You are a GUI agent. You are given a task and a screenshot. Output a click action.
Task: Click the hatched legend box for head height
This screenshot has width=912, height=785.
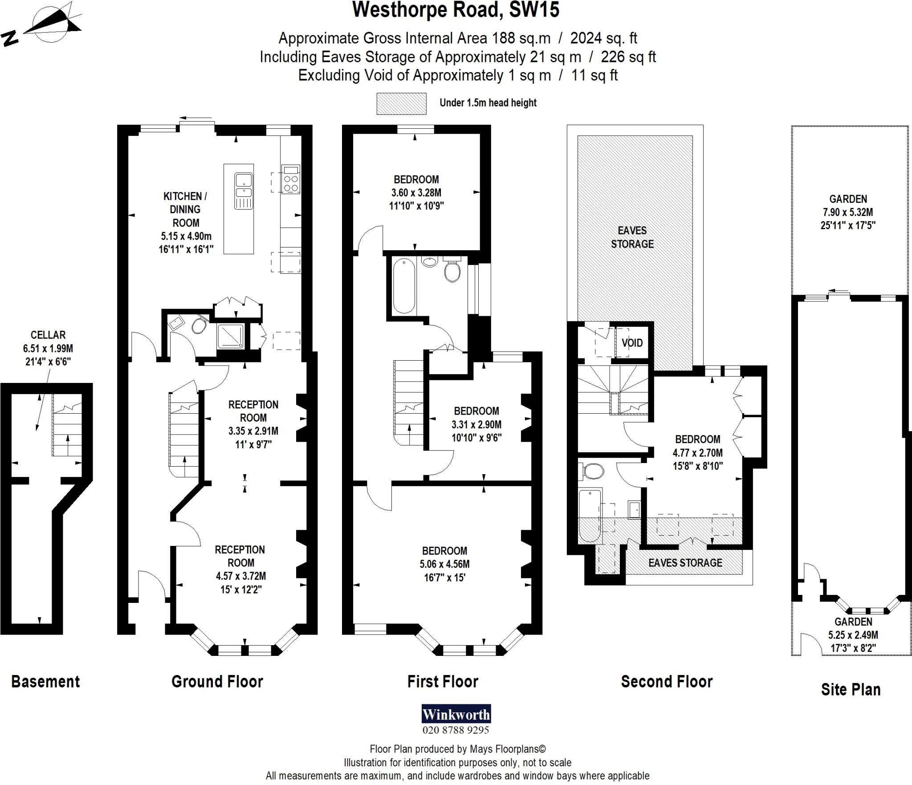point(401,103)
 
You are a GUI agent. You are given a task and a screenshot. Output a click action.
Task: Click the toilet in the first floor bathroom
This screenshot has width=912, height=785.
point(452,271)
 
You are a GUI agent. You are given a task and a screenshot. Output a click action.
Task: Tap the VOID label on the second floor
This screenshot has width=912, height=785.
point(632,342)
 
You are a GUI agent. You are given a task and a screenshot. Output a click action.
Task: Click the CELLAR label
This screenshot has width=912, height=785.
point(48,335)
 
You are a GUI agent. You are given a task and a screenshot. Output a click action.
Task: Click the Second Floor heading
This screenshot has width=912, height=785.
point(666,682)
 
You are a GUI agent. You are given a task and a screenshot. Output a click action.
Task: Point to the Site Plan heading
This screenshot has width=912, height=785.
point(851,689)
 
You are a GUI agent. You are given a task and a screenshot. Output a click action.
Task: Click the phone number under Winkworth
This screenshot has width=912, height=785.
point(456,730)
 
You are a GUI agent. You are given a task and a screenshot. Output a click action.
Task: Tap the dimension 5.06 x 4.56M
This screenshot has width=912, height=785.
point(444,564)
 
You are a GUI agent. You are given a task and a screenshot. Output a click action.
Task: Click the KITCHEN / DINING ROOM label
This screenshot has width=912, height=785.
point(185,209)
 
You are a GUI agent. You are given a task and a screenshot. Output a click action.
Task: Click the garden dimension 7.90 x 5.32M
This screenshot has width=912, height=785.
point(848,212)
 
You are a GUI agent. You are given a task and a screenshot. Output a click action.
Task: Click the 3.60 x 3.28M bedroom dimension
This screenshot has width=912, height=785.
point(416,193)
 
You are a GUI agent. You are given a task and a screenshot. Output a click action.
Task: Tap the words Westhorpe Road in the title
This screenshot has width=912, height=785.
point(427,10)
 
